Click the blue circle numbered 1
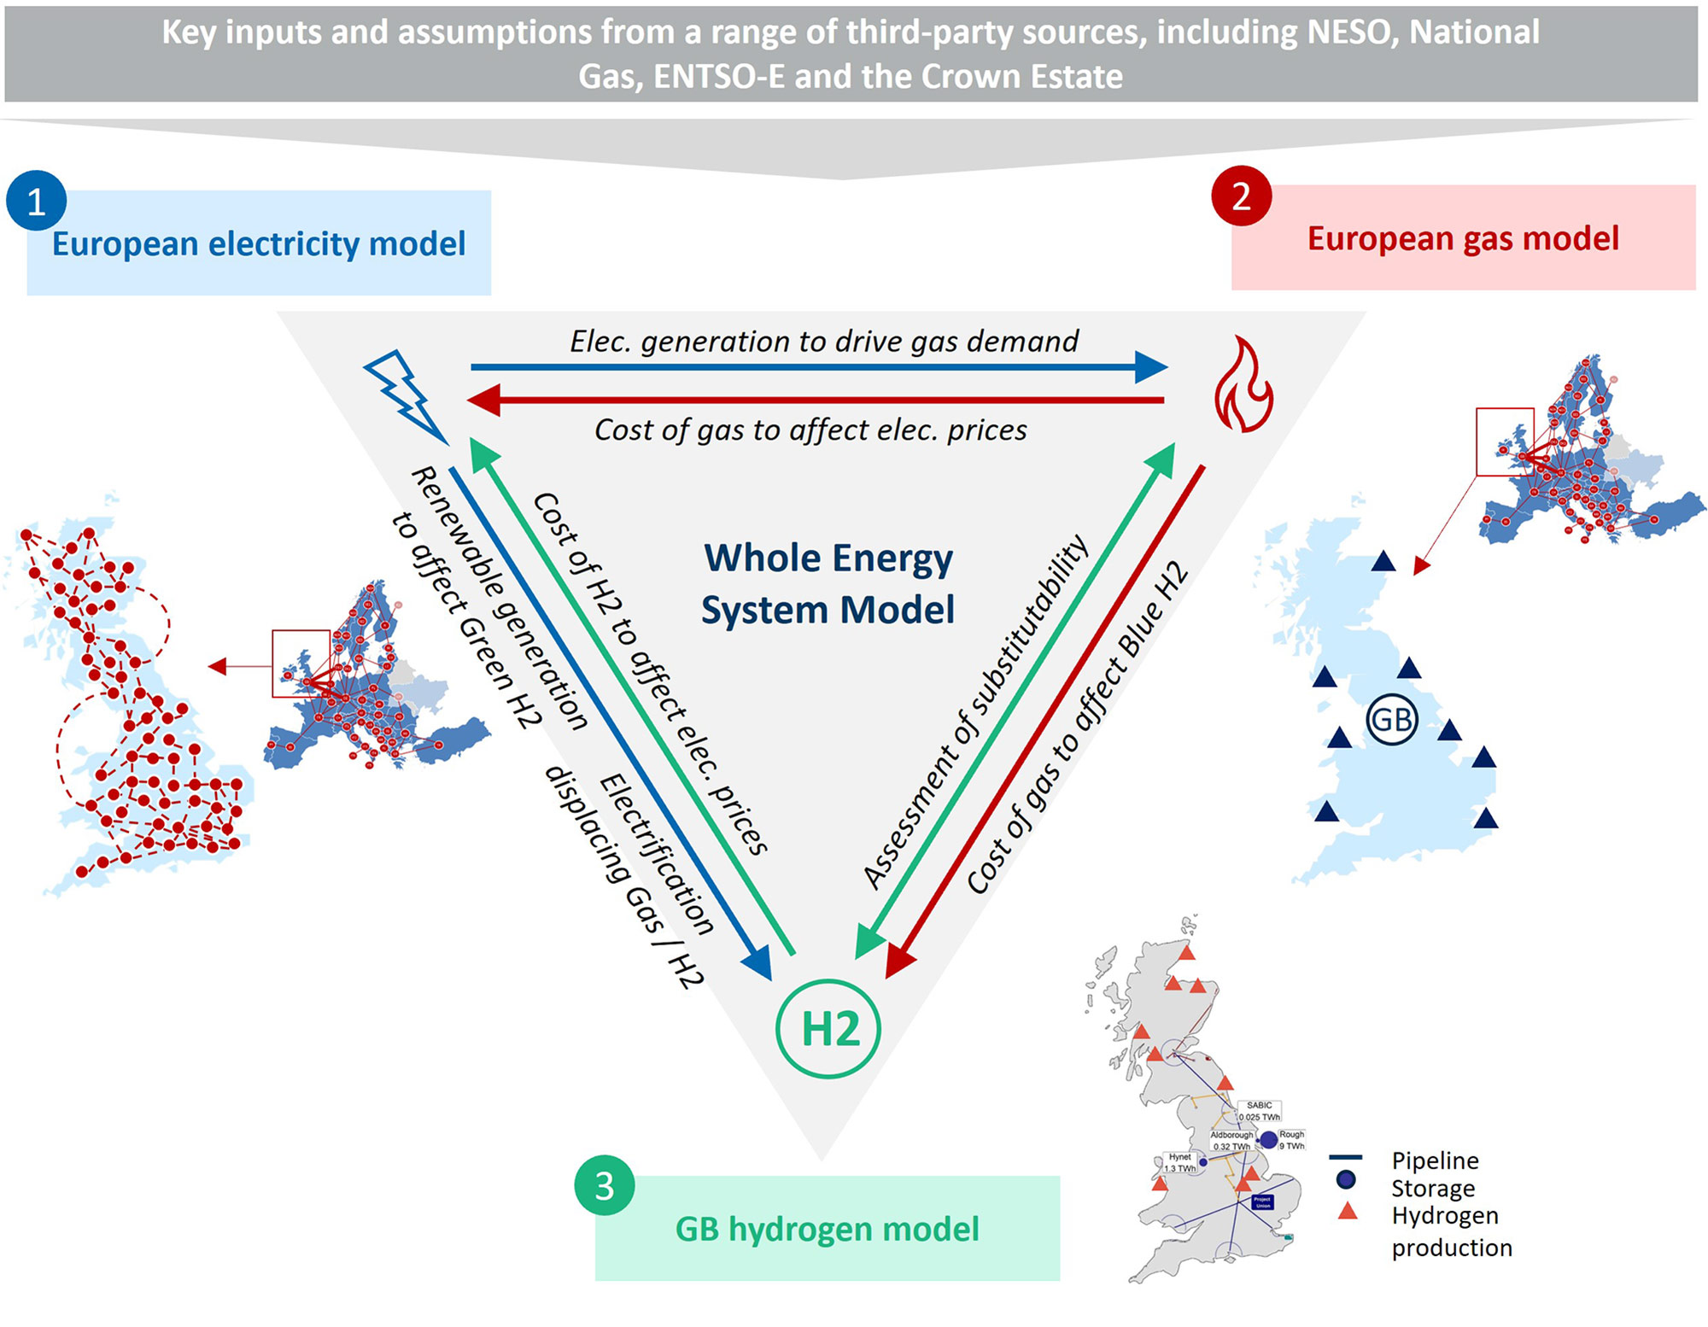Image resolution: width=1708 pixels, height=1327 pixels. [36, 202]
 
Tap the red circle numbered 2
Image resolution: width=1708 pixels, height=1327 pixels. [1241, 196]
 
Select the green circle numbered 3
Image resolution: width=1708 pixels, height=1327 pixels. [604, 1185]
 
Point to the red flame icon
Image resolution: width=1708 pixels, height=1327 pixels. [1243, 385]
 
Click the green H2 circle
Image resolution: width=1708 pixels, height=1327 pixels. [828, 1029]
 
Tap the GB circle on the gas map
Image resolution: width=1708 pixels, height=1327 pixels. [1392, 720]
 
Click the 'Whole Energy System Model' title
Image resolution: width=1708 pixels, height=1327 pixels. [828, 584]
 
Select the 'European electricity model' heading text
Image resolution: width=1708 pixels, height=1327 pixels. [259, 244]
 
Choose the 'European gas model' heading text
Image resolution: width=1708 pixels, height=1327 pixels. [1462, 239]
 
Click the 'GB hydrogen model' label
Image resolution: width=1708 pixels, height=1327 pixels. [827, 1230]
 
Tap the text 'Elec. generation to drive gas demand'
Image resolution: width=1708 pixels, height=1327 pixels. [824, 342]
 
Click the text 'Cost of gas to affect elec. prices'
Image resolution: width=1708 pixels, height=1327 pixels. [810, 430]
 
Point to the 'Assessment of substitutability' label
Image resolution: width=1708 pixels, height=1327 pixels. [975, 712]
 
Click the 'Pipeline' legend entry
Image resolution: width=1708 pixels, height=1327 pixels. [1435, 1160]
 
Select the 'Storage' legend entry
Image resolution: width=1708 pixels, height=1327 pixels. [1432, 1188]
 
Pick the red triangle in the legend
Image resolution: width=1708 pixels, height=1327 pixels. [1347, 1211]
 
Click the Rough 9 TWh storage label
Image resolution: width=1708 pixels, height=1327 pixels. [1291, 1140]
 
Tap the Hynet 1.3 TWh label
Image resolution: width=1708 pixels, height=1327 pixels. [1179, 1162]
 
